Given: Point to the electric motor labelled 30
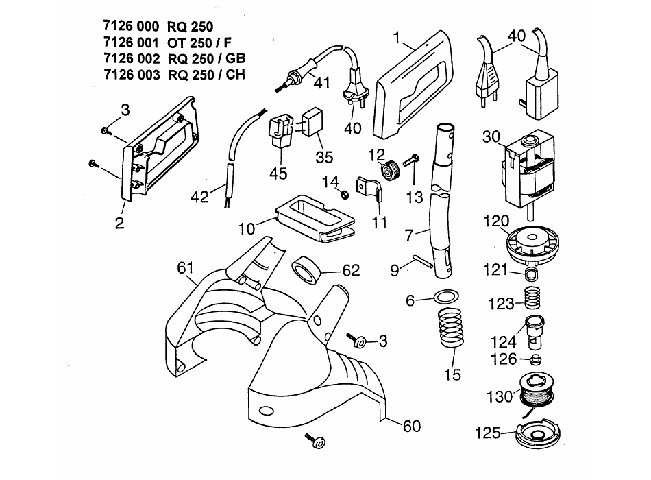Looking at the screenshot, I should [528, 172].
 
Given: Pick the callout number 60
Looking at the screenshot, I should [411, 426].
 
